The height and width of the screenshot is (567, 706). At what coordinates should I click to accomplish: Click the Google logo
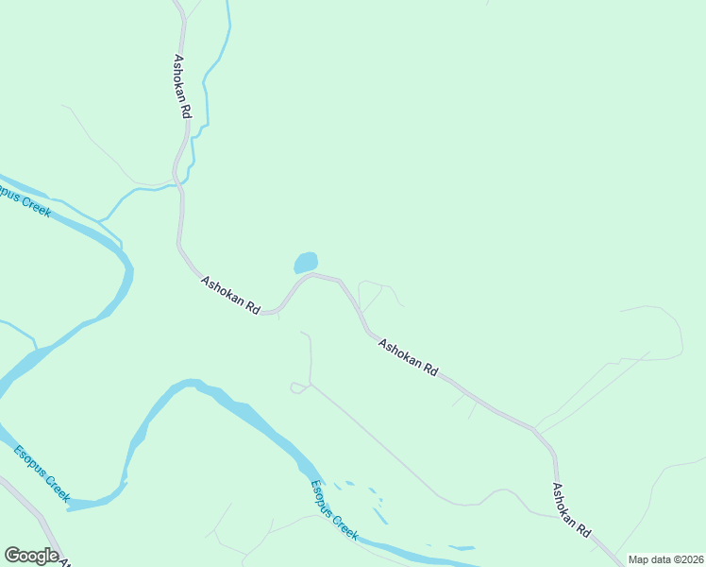coord(31,556)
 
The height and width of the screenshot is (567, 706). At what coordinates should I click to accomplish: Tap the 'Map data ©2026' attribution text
coord(665,559)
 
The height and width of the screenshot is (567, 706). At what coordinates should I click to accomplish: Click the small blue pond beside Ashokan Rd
coord(306,262)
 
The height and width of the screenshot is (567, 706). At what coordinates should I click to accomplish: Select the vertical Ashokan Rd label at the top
coord(181,85)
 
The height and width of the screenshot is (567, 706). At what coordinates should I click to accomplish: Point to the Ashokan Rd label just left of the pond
coord(229,294)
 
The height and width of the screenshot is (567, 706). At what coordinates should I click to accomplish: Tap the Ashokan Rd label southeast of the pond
coord(408,358)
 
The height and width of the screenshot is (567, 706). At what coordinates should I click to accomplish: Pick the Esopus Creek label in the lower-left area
coord(42,472)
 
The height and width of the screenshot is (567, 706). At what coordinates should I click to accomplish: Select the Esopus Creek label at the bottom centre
coord(335,510)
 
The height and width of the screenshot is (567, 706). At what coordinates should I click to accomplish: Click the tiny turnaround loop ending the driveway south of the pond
coord(298,387)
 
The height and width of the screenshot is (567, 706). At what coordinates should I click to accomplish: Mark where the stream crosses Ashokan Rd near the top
coord(177,185)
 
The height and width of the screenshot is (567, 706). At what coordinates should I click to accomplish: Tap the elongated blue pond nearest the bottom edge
coord(462,547)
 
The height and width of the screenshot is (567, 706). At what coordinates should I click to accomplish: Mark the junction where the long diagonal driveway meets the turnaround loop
coord(310,386)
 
